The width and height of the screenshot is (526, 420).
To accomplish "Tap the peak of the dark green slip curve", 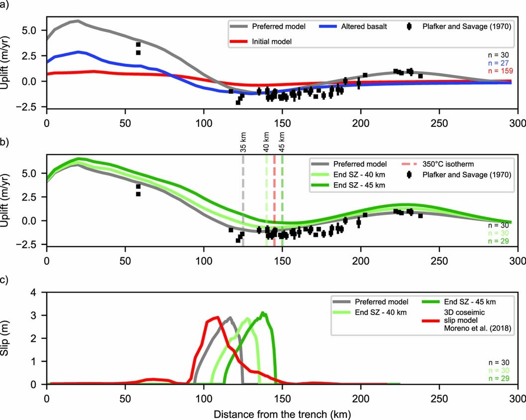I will [x=263, y=313].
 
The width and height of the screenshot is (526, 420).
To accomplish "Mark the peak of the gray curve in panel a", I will [x=77, y=21].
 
